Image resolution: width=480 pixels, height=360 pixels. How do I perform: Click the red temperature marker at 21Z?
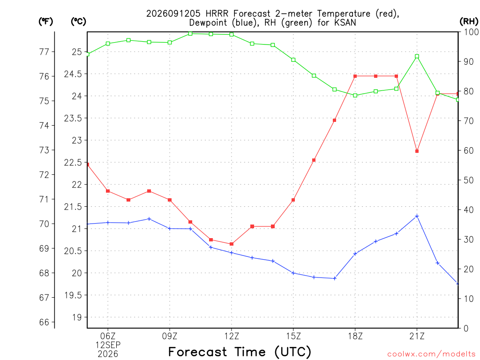[x=417, y=151]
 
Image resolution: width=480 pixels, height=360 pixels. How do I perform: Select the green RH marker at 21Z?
[x=417, y=56]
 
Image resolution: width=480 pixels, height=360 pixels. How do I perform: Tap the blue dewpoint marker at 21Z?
[x=417, y=216]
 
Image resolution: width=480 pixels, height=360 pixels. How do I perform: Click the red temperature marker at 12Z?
[x=232, y=244]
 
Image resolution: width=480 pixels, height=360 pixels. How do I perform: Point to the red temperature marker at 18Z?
[x=355, y=76]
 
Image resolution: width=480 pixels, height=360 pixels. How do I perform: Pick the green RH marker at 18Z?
[x=355, y=96]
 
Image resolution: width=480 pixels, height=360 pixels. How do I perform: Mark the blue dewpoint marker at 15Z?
[x=293, y=273]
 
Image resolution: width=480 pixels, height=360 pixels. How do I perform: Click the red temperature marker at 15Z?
[x=293, y=200]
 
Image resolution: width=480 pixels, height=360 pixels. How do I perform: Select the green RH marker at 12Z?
[x=232, y=35]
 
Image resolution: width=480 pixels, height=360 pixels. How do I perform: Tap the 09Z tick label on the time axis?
[x=170, y=336]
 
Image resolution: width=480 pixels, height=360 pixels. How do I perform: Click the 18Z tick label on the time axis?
[x=355, y=336]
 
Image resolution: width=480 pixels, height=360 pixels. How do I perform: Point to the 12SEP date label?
[x=108, y=345]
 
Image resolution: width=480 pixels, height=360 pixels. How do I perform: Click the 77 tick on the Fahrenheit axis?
[x=45, y=52]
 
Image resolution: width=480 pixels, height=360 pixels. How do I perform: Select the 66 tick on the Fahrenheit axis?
[x=45, y=322]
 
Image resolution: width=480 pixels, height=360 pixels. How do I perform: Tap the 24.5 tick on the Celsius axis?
[x=73, y=74]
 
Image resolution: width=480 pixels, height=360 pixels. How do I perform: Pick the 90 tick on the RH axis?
[x=469, y=61]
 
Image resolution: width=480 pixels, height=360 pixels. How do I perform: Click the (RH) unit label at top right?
[x=469, y=22]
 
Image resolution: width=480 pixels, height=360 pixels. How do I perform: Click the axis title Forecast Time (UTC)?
[x=240, y=352]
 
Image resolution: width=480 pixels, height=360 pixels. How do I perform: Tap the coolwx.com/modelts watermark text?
[x=431, y=354]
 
